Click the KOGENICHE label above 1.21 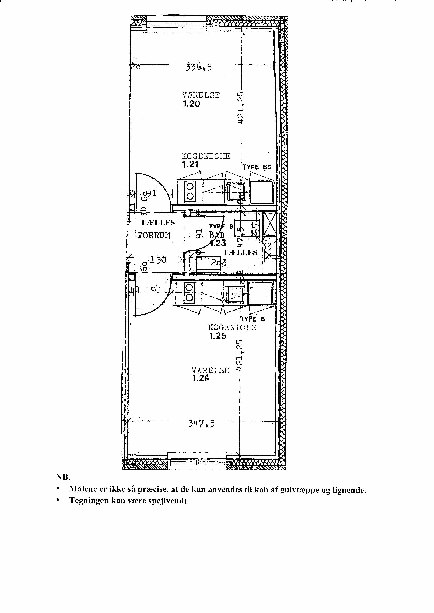[206, 156]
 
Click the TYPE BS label [257, 167]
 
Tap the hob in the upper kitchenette [190, 191]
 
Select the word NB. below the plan [63, 477]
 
